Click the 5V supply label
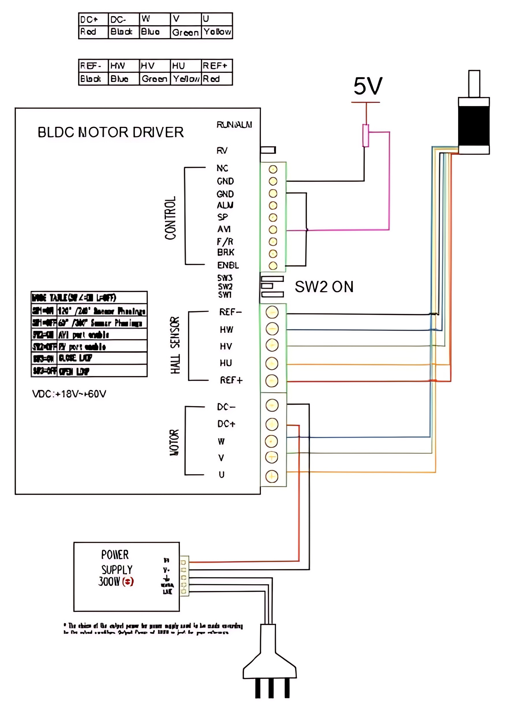tap(367, 86)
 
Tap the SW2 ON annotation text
tap(324, 287)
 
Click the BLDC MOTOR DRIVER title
tap(110, 132)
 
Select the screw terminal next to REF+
tap(272, 381)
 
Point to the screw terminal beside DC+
tap(272, 424)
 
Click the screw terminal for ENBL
tap(273, 265)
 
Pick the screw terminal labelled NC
tap(273, 169)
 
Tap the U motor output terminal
tap(272, 476)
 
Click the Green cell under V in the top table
tap(186, 32)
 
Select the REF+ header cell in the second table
tap(216, 66)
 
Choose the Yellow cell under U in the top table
tap(217, 32)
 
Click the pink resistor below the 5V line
tap(366, 135)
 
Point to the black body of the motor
tap(473, 126)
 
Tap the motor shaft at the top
tap(474, 84)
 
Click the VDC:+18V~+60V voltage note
tap(69, 394)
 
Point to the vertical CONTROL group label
tap(170, 218)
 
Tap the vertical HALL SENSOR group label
tap(175, 345)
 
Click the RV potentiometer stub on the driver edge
tap(268, 150)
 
